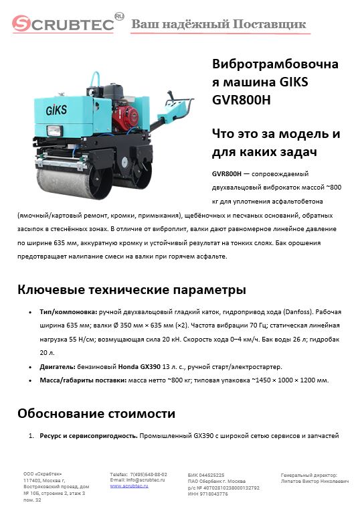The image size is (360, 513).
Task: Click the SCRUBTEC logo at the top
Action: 64,24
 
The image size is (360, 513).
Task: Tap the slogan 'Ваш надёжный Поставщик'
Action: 219,25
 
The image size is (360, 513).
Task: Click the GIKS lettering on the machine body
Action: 58,109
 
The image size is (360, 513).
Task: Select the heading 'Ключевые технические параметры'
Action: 131,290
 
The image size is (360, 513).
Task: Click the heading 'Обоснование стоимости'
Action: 96,413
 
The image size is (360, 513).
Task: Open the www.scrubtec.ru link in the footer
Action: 130,486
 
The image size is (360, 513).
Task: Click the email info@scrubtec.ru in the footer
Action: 147,480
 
